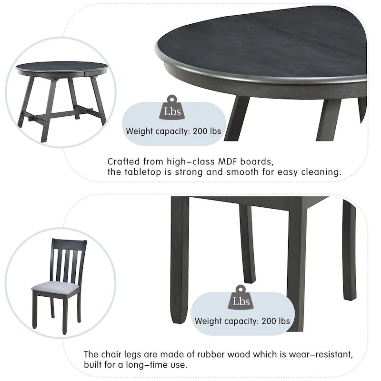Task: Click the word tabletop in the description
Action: coord(141,172)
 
